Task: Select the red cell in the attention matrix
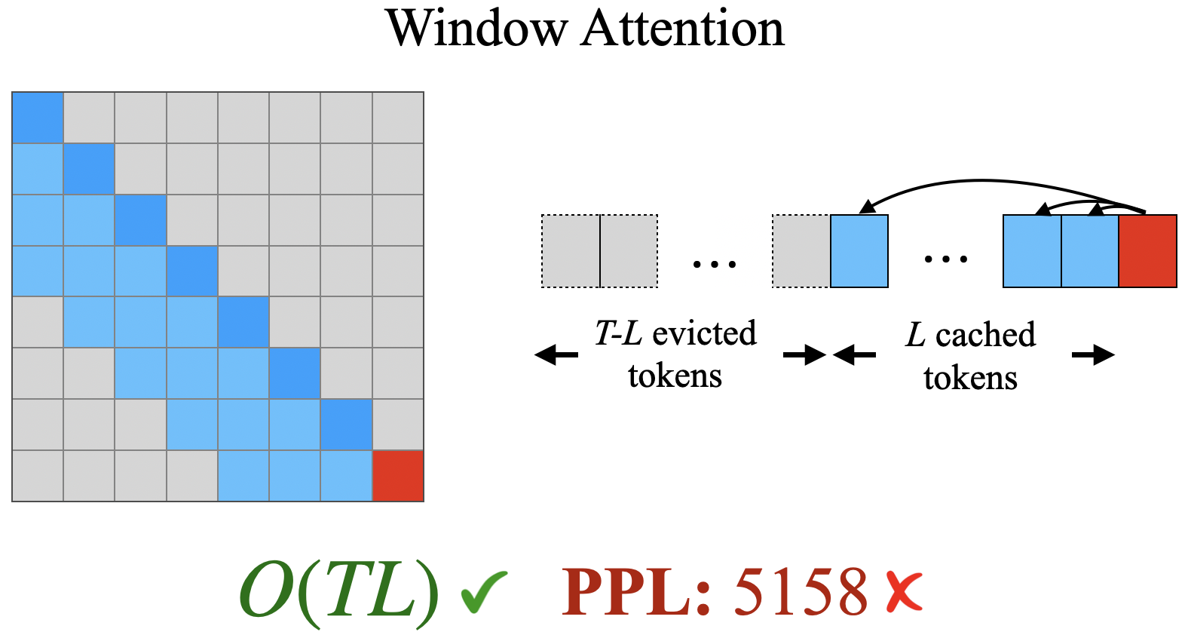click(398, 476)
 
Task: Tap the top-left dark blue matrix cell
click(38, 118)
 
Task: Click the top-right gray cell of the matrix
click(398, 118)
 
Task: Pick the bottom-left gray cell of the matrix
click(38, 476)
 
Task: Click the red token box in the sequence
click(1147, 251)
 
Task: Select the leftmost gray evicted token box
click(571, 251)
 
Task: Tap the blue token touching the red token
click(1090, 251)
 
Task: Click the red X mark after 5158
click(904, 591)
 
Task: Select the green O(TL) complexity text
click(338, 593)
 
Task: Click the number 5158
click(801, 593)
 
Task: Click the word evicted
click(704, 333)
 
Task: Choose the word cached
click(985, 335)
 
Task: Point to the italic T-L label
click(617, 333)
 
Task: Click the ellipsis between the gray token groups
click(714, 264)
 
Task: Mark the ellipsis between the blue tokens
click(945, 259)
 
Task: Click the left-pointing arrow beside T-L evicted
click(556, 354)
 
